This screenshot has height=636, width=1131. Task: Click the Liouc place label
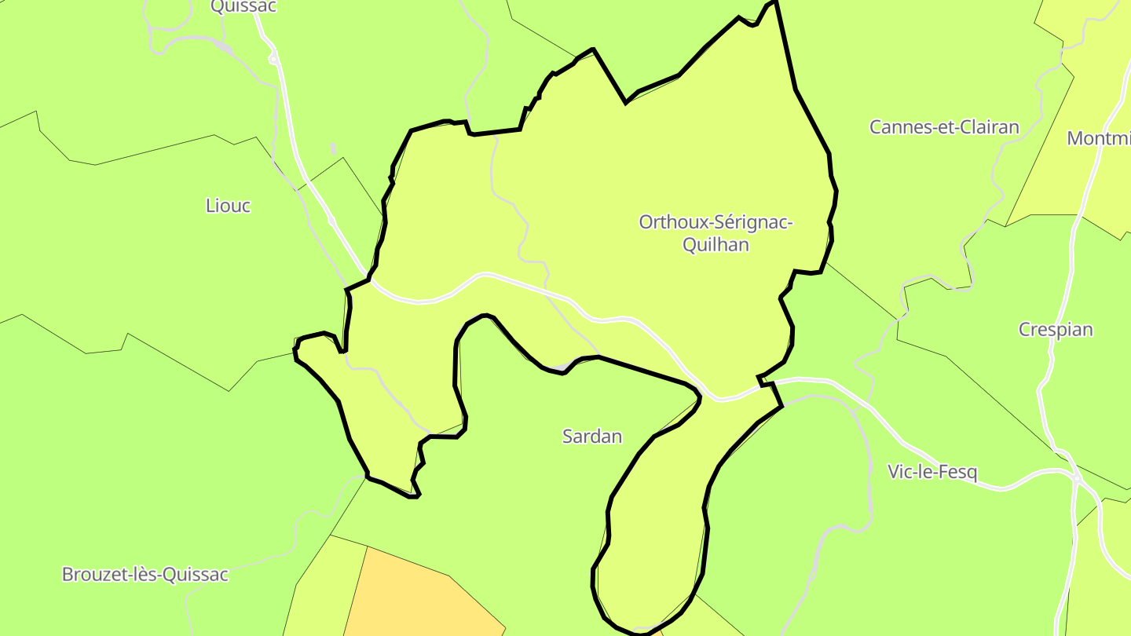[x=228, y=206]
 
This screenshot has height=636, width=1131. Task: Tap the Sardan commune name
[x=592, y=437]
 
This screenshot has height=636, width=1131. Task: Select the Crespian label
[x=1056, y=330]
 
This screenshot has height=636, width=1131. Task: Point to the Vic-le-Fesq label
[x=932, y=472]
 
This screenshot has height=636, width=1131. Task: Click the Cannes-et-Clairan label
[x=944, y=127]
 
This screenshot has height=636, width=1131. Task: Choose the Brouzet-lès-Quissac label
[x=145, y=575]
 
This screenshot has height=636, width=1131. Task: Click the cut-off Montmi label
[x=1098, y=139]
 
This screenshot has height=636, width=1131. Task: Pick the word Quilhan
[x=716, y=245]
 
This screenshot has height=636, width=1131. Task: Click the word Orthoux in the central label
[x=672, y=222]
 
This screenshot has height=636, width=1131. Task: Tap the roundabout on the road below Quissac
[x=273, y=59]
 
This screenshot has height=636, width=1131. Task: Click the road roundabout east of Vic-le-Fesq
[x=1075, y=477]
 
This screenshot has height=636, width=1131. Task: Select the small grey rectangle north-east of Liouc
[x=333, y=148]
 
